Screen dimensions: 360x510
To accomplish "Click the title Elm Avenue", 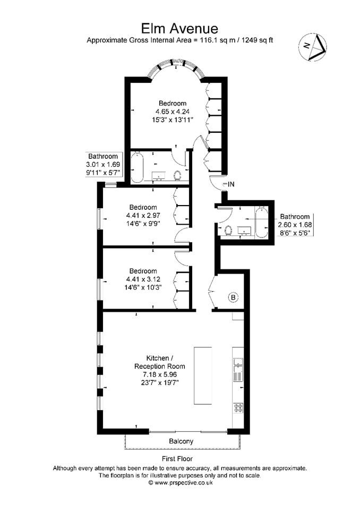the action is click(x=179, y=29).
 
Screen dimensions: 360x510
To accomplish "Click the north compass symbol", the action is click(x=313, y=47).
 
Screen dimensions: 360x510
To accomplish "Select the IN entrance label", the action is click(x=231, y=184).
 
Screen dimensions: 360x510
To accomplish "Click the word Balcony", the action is click(x=181, y=441).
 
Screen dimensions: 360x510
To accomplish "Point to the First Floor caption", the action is click(x=177, y=458).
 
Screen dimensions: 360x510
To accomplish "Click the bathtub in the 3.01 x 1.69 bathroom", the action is click(x=136, y=167).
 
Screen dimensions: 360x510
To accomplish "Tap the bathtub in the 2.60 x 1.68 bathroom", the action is click(x=261, y=222).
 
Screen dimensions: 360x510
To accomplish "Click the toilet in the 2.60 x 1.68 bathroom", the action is click(x=228, y=230).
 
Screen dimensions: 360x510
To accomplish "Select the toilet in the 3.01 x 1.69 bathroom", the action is click(x=177, y=176).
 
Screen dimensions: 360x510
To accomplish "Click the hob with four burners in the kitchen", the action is click(x=238, y=408).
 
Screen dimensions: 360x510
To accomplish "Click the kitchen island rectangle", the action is click(x=203, y=376).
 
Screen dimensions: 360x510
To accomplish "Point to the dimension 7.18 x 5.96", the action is click(x=160, y=375).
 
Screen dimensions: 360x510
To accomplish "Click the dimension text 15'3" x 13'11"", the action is click(x=173, y=120).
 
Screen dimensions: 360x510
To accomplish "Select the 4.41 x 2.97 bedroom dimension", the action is click(x=143, y=215).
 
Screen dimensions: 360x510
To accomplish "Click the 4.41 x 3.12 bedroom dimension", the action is click(x=143, y=279).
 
